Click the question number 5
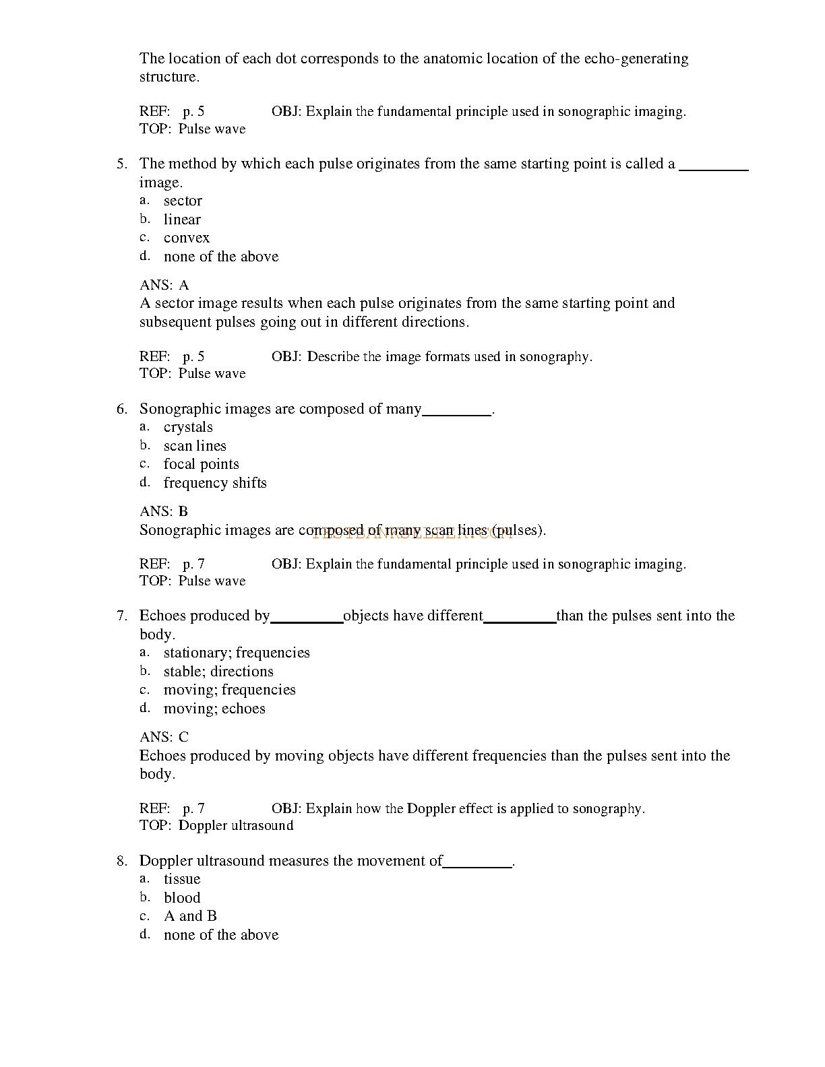[x=121, y=164]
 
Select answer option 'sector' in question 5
[x=183, y=201]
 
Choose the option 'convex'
[x=187, y=238]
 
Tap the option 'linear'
[x=182, y=220]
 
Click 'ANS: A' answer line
[x=164, y=285]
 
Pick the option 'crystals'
[x=188, y=427]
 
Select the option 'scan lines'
[x=195, y=446]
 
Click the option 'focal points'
[x=201, y=464]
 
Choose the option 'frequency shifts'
[x=215, y=483]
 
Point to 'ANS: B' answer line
[x=164, y=511]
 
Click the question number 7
[x=121, y=616]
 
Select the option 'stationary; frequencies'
[x=237, y=653]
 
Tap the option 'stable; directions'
[x=218, y=672]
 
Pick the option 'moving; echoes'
[x=214, y=709]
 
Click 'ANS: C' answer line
[x=164, y=737]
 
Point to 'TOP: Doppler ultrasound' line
[x=216, y=826]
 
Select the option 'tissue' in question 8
[x=182, y=879]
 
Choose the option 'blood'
[x=182, y=898]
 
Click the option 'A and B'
[x=190, y=916]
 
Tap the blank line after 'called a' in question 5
[x=714, y=168]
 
